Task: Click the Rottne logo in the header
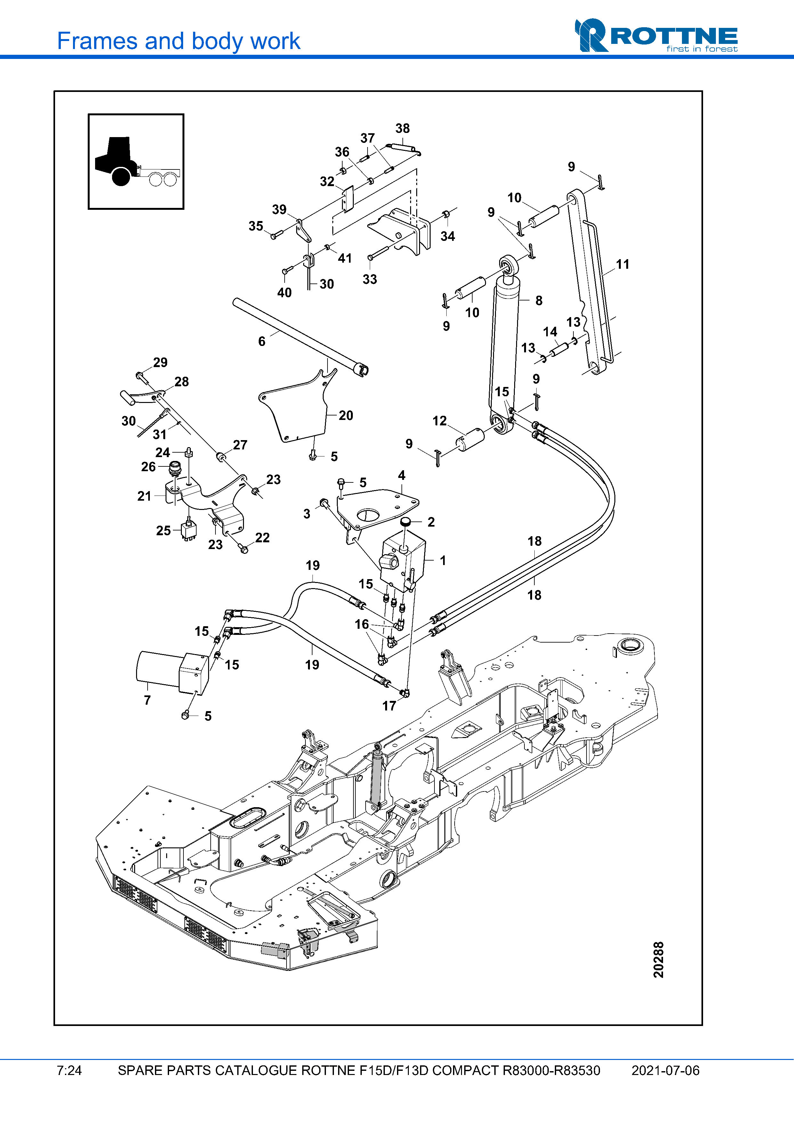click(656, 35)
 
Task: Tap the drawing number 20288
click(659, 959)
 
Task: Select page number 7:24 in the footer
click(69, 1071)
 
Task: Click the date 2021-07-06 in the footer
click(665, 1071)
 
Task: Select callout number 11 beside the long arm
click(622, 264)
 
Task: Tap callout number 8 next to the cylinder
click(539, 300)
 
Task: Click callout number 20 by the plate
click(345, 416)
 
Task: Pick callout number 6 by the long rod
click(262, 341)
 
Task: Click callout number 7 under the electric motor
click(147, 700)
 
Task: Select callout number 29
click(160, 362)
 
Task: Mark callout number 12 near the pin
click(439, 421)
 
